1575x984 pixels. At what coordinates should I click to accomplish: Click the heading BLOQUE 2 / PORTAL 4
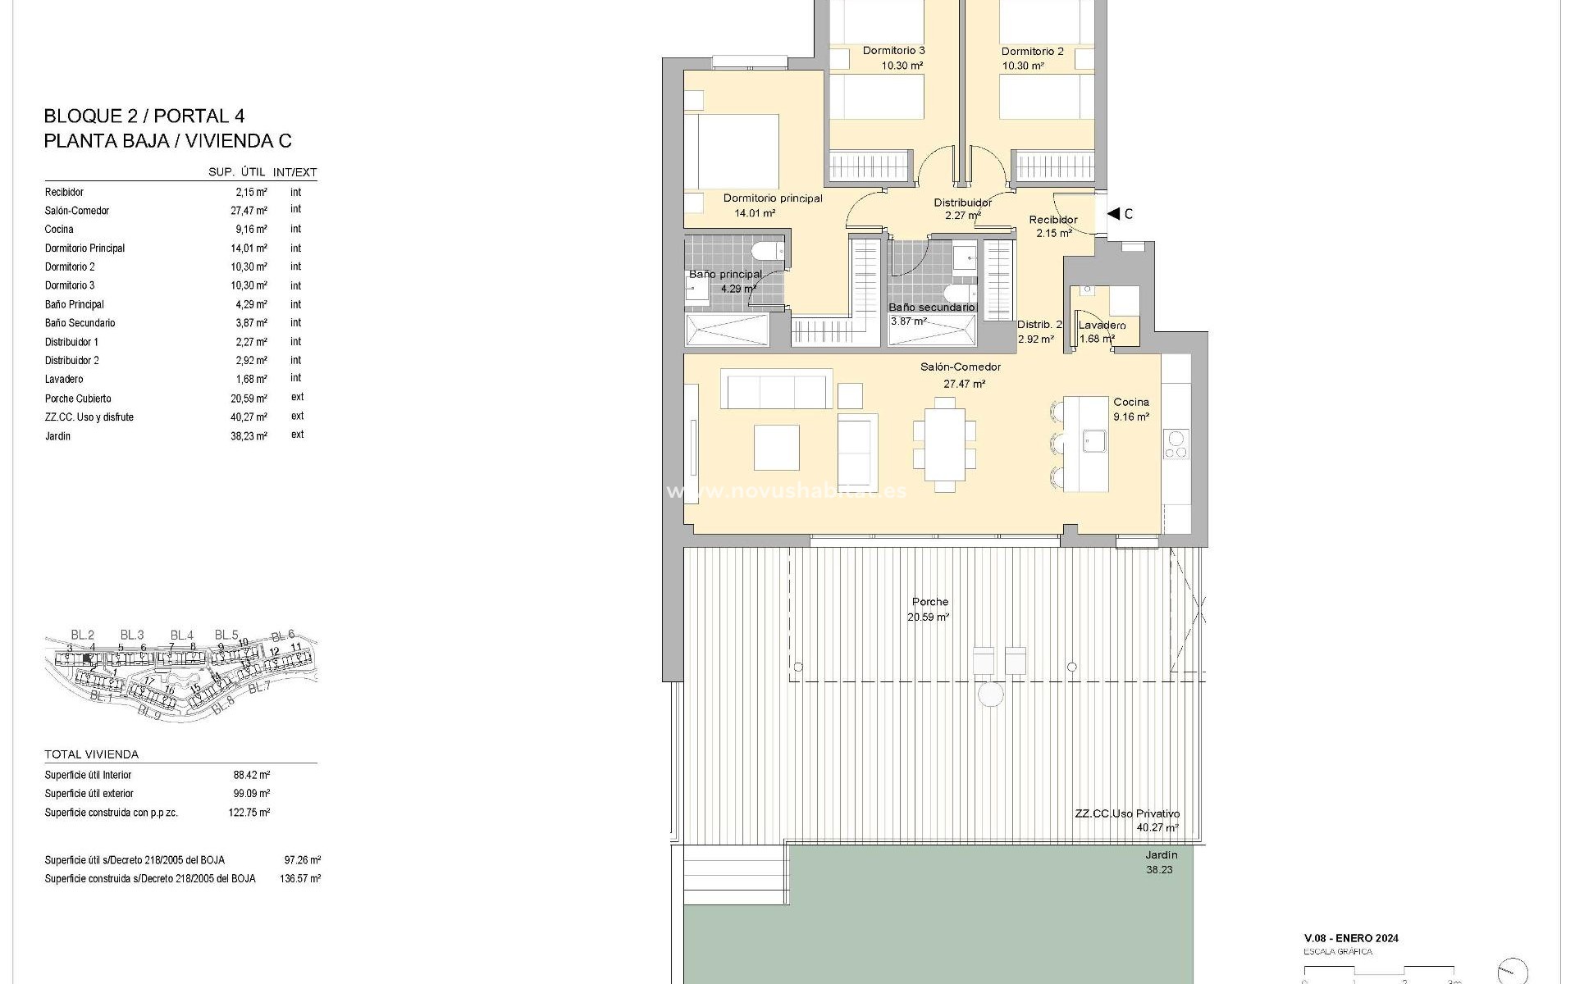[x=144, y=116]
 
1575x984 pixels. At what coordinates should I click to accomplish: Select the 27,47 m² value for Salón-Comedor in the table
[x=249, y=211]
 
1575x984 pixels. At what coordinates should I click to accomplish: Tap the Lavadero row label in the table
[x=64, y=380]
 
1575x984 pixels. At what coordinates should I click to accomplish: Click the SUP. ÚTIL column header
[x=236, y=172]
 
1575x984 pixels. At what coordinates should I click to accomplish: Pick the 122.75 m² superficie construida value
[x=249, y=813]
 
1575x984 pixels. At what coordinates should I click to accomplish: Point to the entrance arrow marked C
[x=1114, y=214]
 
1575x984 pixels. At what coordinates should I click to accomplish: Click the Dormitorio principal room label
[x=772, y=198]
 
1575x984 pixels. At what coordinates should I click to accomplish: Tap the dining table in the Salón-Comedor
[x=945, y=444]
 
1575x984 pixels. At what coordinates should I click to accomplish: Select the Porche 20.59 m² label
[x=929, y=609]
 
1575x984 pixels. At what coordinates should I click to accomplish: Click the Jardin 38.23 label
[x=1160, y=862]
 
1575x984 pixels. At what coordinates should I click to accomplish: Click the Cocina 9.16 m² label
[x=1130, y=409]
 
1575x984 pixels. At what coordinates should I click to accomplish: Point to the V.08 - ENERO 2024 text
[x=1351, y=938]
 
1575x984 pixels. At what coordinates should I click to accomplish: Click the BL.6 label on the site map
[x=282, y=635]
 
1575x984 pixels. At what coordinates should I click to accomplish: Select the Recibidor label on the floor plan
[x=1053, y=220]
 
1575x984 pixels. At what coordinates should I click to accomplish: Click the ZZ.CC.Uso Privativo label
[x=1127, y=814]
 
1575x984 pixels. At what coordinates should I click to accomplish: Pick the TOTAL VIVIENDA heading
[x=91, y=754]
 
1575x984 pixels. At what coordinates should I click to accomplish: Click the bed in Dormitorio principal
[x=733, y=153]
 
